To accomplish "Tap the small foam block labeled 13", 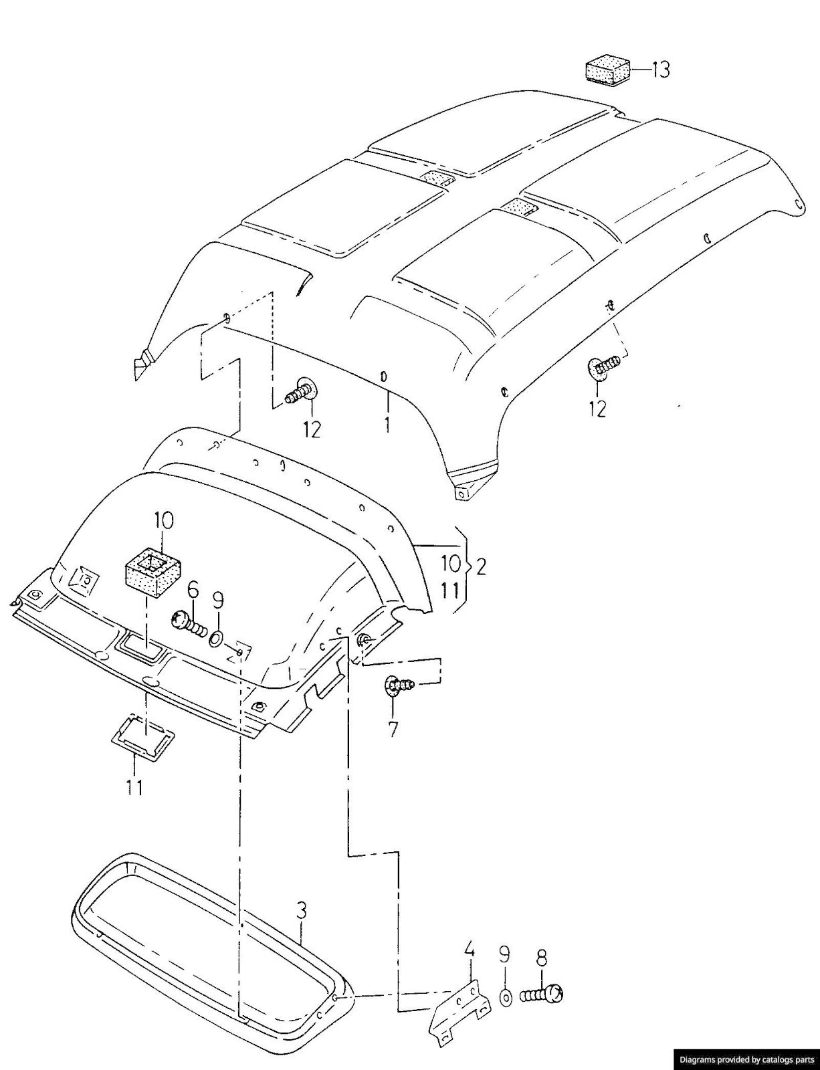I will tap(607, 70).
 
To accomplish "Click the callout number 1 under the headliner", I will tap(386, 424).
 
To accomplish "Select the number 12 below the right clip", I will tap(597, 408).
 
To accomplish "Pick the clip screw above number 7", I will tap(399, 685).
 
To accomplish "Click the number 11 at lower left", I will tap(134, 788).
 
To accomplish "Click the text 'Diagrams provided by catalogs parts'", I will tap(746, 1059).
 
